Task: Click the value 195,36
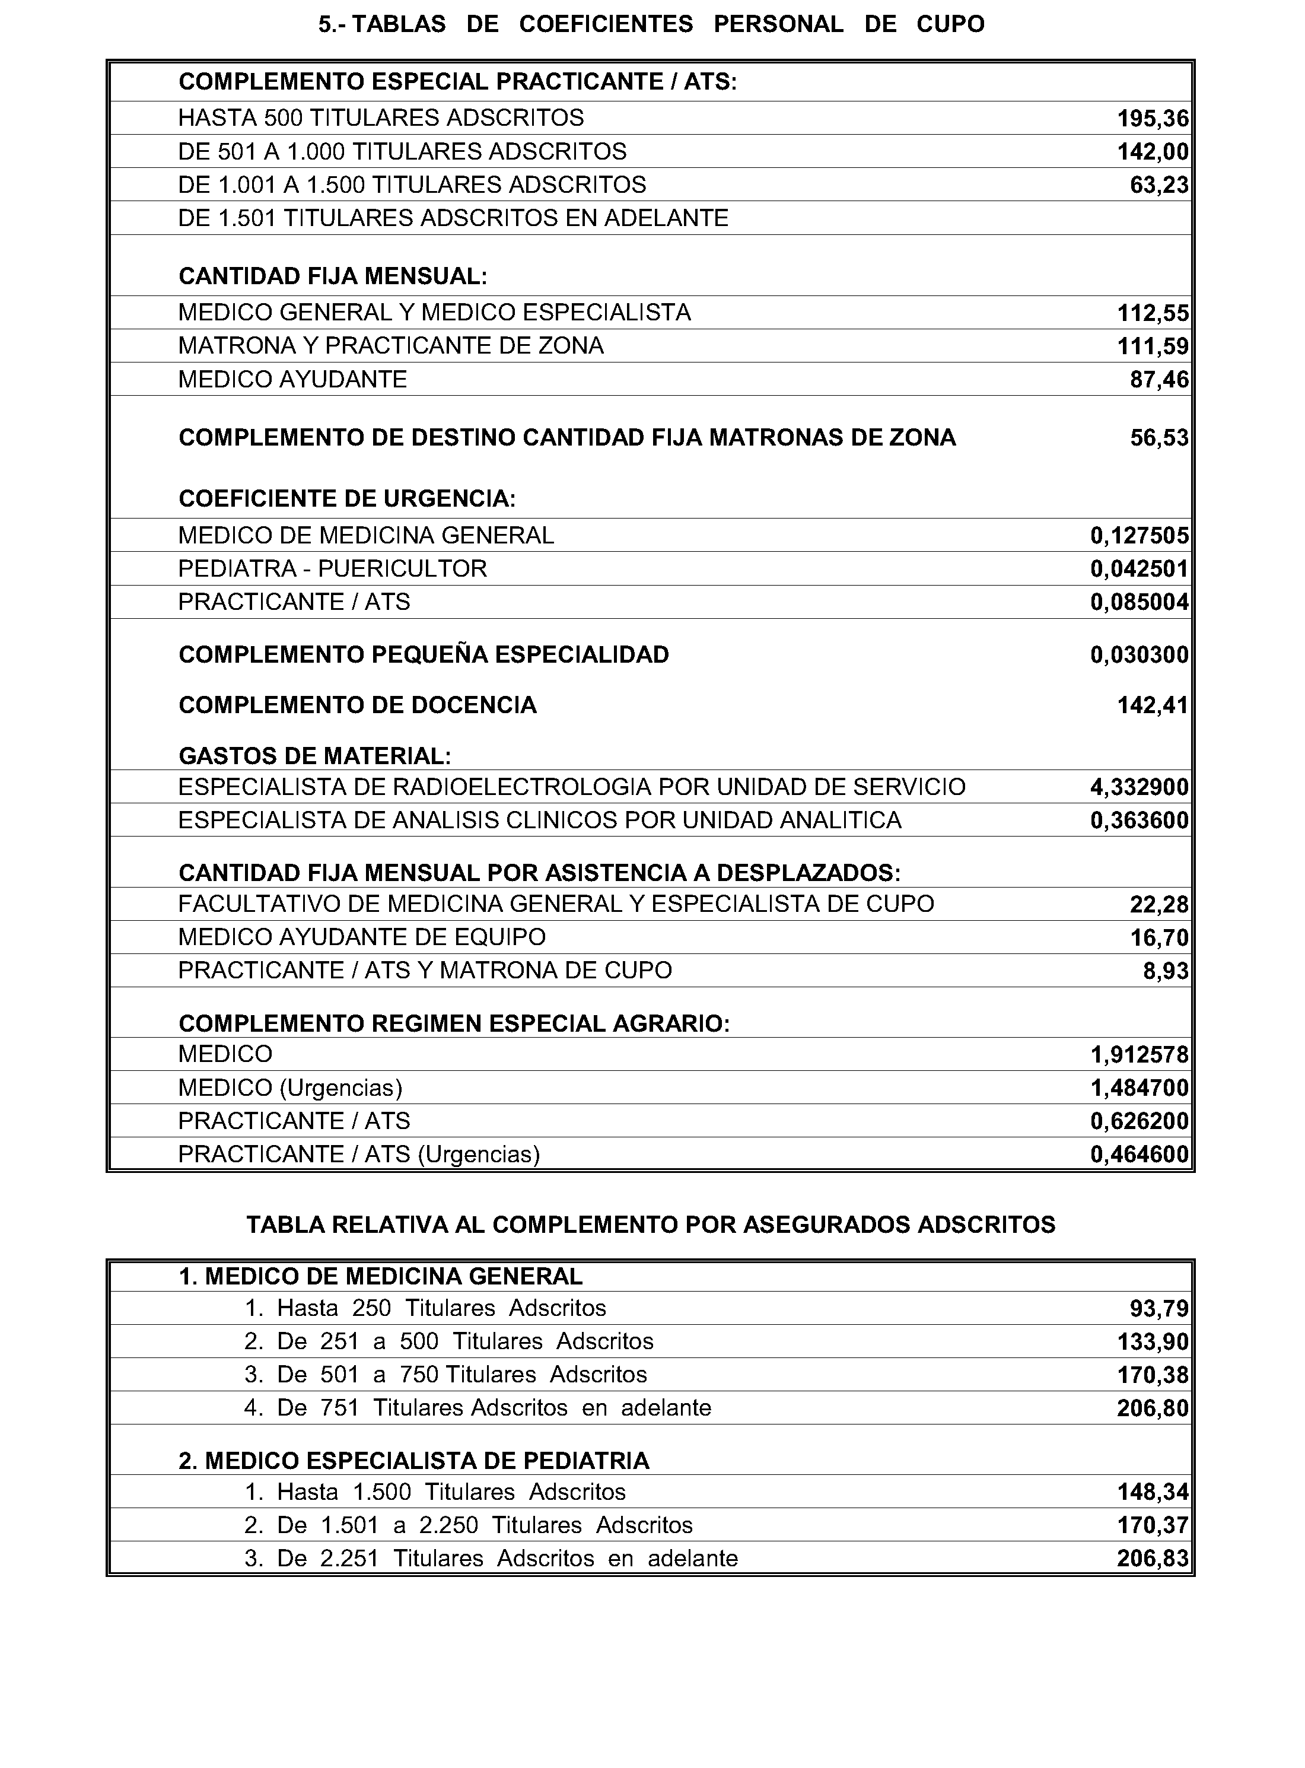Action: point(1152,119)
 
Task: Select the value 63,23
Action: point(1159,185)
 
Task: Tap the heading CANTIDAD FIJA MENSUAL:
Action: point(333,276)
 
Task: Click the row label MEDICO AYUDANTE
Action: point(292,379)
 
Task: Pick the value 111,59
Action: point(1152,346)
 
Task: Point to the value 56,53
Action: point(1159,438)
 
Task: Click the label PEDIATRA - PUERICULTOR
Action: point(333,569)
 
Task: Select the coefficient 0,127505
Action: point(1139,536)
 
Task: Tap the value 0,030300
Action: point(1139,655)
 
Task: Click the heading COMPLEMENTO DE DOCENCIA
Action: point(358,705)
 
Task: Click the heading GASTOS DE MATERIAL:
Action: point(314,756)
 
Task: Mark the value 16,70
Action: point(1159,938)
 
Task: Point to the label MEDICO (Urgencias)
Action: point(290,1088)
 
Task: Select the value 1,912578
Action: point(1139,1055)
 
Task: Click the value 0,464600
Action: point(1139,1154)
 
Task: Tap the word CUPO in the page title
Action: point(950,24)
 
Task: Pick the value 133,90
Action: point(1152,1342)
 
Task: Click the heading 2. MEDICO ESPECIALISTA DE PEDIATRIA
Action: point(414,1461)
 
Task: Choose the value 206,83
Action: point(1152,1559)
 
